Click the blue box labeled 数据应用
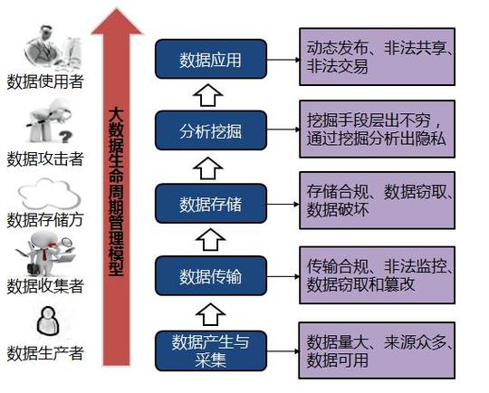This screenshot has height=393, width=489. click(x=211, y=59)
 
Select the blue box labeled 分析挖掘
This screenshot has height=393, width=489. click(x=211, y=130)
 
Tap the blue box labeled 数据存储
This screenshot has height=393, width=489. click(x=211, y=204)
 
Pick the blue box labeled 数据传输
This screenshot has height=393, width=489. click(x=211, y=275)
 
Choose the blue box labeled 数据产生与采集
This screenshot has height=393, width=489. click(x=211, y=351)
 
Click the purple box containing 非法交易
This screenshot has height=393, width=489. click(x=377, y=56)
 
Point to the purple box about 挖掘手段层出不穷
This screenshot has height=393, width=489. click(x=377, y=129)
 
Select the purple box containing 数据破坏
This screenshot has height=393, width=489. click(x=377, y=200)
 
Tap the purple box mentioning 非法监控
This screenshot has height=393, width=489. click(x=377, y=275)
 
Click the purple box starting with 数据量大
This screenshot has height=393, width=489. click(x=377, y=350)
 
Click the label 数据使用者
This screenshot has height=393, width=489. click(x=45, y=81)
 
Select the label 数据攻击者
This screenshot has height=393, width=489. click(x=45, y=158)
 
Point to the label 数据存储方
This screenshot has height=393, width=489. click(x=45, y=219)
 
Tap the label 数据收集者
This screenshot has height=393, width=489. click(x=45, y=286)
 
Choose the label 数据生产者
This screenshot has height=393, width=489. click(x=45, y=353)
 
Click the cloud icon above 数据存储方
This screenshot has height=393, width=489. click(x=49, y=194)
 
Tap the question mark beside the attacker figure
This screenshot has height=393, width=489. click(x=65, y=137)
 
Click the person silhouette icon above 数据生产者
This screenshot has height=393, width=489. click(x=48, y=321)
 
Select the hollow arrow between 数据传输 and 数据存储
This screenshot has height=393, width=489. click(x=210, y=239)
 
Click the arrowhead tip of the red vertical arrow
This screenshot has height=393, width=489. click(x=117, y=9)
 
